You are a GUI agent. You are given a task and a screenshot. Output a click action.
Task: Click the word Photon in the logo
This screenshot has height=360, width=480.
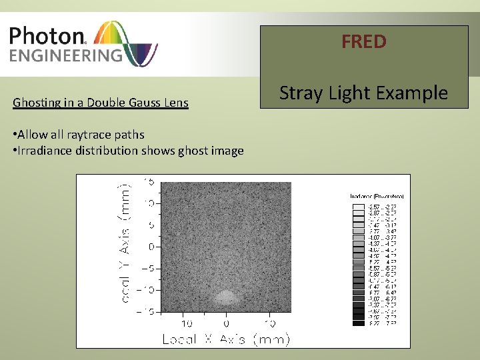pos(45,35)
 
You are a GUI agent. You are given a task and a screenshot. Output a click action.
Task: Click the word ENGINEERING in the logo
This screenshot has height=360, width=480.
pos(65,54)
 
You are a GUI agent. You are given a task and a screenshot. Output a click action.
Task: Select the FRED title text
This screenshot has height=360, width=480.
pos(364,42)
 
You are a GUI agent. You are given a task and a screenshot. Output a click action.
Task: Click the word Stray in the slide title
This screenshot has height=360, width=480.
pos(302,93)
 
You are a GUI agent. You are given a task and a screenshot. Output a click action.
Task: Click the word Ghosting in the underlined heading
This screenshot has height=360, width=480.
pos(36,103)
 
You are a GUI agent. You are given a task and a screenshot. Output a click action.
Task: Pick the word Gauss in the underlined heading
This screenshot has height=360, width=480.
pos(139,103)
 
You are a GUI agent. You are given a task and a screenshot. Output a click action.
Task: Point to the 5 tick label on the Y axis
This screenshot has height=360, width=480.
pos(151,225)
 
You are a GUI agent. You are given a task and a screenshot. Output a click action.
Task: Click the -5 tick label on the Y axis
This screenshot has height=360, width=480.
pos(149,268)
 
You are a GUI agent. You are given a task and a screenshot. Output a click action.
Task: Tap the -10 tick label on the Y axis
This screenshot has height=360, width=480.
pos(146,290)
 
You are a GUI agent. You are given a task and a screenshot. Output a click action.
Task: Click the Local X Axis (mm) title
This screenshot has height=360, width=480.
pos(226,339)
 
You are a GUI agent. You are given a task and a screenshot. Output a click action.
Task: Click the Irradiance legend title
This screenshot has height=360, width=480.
pos(377,196)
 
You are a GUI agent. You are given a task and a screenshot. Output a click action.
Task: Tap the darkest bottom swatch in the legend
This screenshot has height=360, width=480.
pos(358,323)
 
